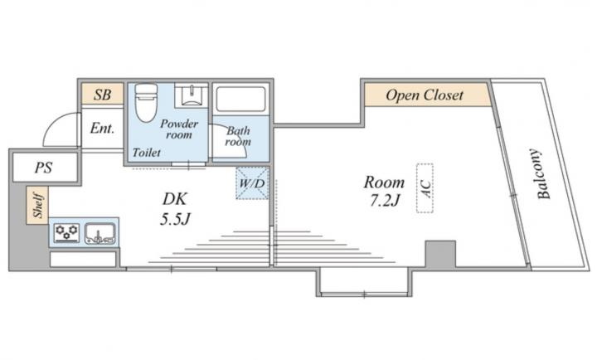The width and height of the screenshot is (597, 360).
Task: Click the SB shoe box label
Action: (x=103, y=95)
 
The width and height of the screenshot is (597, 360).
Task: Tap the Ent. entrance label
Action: (x=102, y=128)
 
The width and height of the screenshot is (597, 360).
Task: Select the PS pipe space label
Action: (x=43, y=168)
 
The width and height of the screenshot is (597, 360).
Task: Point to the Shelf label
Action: (x=38, y=205)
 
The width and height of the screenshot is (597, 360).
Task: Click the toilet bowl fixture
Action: (x=146, y=102)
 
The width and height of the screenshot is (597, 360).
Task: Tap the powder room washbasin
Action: (x=192, y=95)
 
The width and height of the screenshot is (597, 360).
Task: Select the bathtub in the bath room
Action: (x=241, y=99)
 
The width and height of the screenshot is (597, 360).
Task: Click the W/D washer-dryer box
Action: (x=252, y=183)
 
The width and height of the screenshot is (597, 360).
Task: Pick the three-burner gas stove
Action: (x=66, y=233)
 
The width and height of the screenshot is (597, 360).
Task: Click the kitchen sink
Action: (x=99, y=233)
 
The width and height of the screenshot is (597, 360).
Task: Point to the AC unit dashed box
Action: (x=425, y=187)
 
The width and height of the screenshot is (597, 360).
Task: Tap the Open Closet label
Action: (x=425, y=95)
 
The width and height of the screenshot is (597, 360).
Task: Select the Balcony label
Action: (x=543, y=173)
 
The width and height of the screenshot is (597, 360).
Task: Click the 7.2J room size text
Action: (x=385, y=200)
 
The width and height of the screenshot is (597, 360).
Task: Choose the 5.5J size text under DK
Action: (x=175, y=219)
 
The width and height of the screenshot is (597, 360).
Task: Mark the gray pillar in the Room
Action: (x=440, y=254)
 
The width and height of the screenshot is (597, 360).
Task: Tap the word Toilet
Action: (x=147, y=153)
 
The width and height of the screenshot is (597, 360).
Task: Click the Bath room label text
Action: (x=238, y=136)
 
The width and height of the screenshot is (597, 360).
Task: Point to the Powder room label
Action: (x=179, y=129)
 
